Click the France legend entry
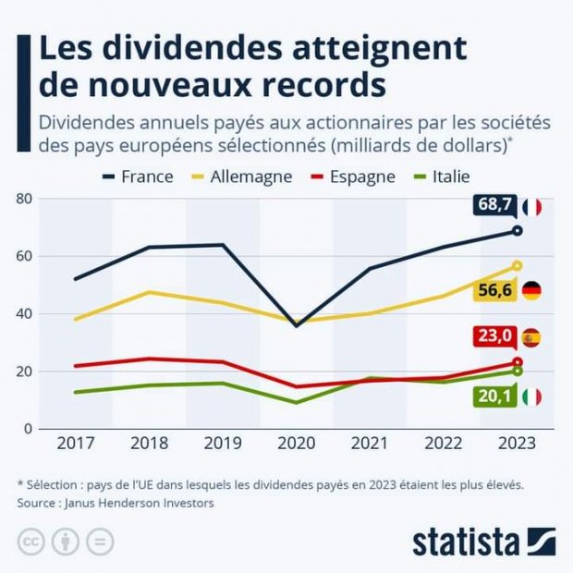coord(134,176)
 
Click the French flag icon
coord(531,207)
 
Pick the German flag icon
coord(531,290)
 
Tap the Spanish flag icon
coord(530,337)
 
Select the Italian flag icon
coord(531,396)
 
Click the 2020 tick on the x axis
coord(297,443)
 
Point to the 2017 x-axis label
coord(76,443)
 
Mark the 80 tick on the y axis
coord(24,199)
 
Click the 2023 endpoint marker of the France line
coord(518,230)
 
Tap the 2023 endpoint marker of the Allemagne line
coord(518,265)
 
